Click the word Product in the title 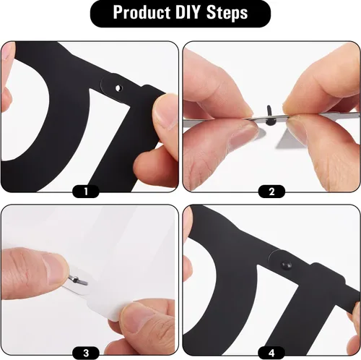click(142, 12)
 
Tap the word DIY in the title click(188, 12)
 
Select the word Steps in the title click(227, 13)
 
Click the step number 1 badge click(86, 192)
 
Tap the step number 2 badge click(271, 192)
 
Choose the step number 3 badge click(86, 353)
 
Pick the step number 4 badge click(271, 353)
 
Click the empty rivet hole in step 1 click(118, 88)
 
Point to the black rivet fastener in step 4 click(287, 265)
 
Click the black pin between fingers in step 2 click(269, 116)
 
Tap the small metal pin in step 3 click(78, 280)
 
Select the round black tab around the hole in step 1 click(113, 87)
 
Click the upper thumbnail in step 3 click(55, 269)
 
